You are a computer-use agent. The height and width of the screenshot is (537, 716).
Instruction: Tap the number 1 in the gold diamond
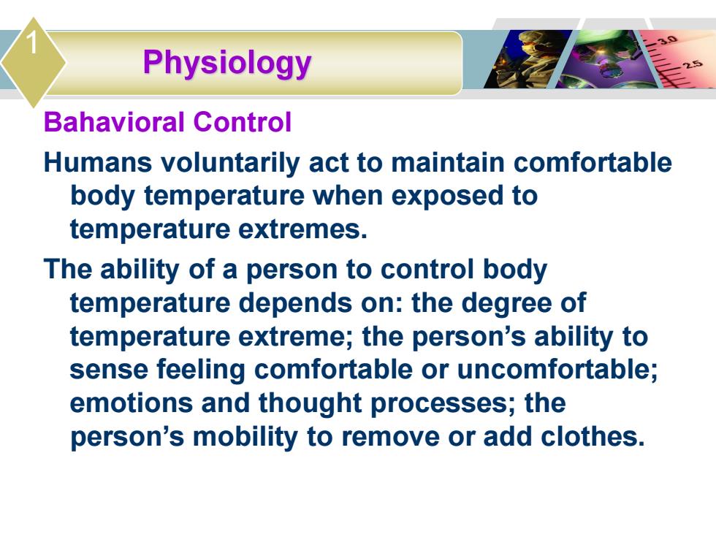[31, 43]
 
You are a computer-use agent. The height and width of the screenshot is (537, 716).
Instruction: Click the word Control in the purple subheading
[242, 122]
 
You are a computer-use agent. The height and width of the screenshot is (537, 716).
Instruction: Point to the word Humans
[98, 162]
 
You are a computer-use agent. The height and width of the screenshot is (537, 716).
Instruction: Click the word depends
[296, 304]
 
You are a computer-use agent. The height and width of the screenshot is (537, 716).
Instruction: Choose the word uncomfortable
[557, 369]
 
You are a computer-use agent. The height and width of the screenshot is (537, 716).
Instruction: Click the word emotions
[132, 403]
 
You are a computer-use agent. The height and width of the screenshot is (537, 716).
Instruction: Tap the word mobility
[245, 438]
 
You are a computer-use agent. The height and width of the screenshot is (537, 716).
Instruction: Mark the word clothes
[593, 437]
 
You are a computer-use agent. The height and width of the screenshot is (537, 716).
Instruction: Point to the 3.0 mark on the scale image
[667, 39]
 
